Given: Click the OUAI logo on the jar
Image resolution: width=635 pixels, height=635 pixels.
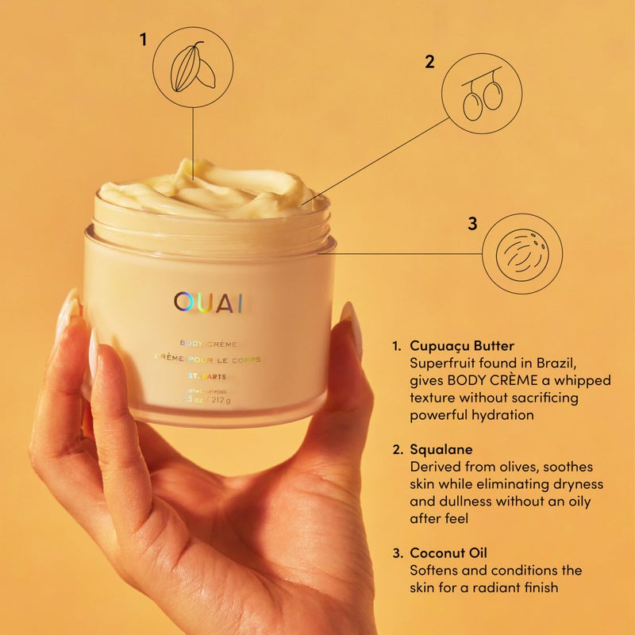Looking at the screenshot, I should pos(209,302).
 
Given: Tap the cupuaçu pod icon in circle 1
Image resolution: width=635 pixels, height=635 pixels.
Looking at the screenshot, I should pos(193,67).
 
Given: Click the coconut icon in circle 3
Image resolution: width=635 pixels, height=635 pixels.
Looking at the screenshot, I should pos(522,255).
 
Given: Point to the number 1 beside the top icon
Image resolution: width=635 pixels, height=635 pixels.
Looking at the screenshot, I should pos(144,39).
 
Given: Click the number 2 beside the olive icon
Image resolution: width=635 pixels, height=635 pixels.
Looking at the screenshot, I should pos(429,62).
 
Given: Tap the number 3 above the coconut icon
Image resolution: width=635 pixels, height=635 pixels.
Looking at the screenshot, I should pos(472,224).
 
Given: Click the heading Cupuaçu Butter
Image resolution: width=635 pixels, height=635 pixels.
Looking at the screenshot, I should pos(462,346).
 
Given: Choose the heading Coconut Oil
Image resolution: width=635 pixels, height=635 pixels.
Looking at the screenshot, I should pos(450,553).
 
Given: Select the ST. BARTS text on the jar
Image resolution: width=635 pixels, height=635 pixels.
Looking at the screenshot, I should pos(208,375).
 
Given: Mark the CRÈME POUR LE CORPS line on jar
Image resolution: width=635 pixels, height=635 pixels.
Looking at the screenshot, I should pos(208,360).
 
